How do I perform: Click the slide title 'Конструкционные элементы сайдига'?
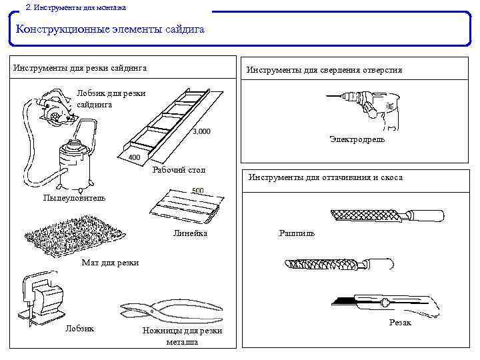pyautogui.click(x=110, y=30)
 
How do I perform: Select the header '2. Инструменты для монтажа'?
pyautogui.click(x=75, y=7)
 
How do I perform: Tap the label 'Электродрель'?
pyautogui.click(x=357, y=139)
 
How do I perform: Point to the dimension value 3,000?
pyautogui.click(x=201, y=131)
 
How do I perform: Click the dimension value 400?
pyautogui.click(x=134, y=157)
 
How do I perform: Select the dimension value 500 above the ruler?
pyautogui.click(x=198, y=191)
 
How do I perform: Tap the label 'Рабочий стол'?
pyautogui.click(x=179, y=170)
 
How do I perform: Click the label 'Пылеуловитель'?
pyautogui.click(x=73, y=198)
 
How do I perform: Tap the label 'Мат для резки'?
pyautogui.click(x=110, y=263)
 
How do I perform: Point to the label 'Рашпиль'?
pyautogui.click(x=297, y=234)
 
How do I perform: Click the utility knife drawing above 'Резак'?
pyautogui.click(x=387, y=304)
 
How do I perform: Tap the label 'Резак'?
pyautogui.click(x=400, y=323)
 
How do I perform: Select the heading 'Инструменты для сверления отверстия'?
pyautogui.click(x=324, y=69)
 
